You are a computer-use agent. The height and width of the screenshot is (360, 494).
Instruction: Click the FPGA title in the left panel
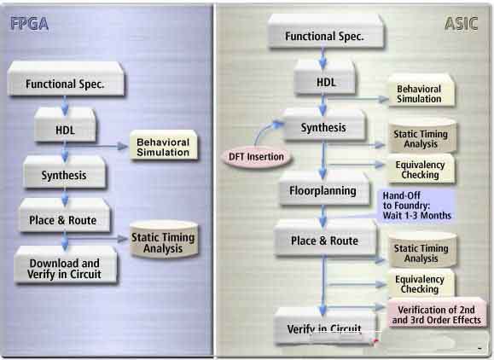(29, 24)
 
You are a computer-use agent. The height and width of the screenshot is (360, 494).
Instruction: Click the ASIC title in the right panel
(462, 24)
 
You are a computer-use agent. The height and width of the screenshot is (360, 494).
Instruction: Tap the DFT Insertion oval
(256, 156)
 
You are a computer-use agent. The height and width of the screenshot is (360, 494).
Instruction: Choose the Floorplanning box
(323, 189)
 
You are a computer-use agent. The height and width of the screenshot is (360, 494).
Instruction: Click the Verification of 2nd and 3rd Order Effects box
(436, 313)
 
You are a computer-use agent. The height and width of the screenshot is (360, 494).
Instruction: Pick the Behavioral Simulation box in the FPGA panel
(163, 146)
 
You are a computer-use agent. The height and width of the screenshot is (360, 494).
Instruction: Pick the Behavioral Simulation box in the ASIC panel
(421, 91)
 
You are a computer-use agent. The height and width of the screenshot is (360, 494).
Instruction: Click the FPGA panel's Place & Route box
(65, 217)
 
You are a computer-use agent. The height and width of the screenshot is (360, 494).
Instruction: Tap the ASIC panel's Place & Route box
(325, 238)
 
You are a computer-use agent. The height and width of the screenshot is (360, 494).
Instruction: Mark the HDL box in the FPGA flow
(65, 125)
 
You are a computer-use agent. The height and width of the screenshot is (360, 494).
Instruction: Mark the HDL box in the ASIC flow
(325, 78)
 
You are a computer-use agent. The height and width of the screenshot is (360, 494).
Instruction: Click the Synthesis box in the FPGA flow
(64, 172)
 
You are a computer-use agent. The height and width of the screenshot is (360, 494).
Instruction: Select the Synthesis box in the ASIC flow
(324, 125)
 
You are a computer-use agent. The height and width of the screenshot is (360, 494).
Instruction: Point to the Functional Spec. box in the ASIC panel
(326, 32)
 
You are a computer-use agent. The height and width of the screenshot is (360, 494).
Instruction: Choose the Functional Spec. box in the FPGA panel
(66, 79)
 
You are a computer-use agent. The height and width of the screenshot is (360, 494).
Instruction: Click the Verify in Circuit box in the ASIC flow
(325, 326)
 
